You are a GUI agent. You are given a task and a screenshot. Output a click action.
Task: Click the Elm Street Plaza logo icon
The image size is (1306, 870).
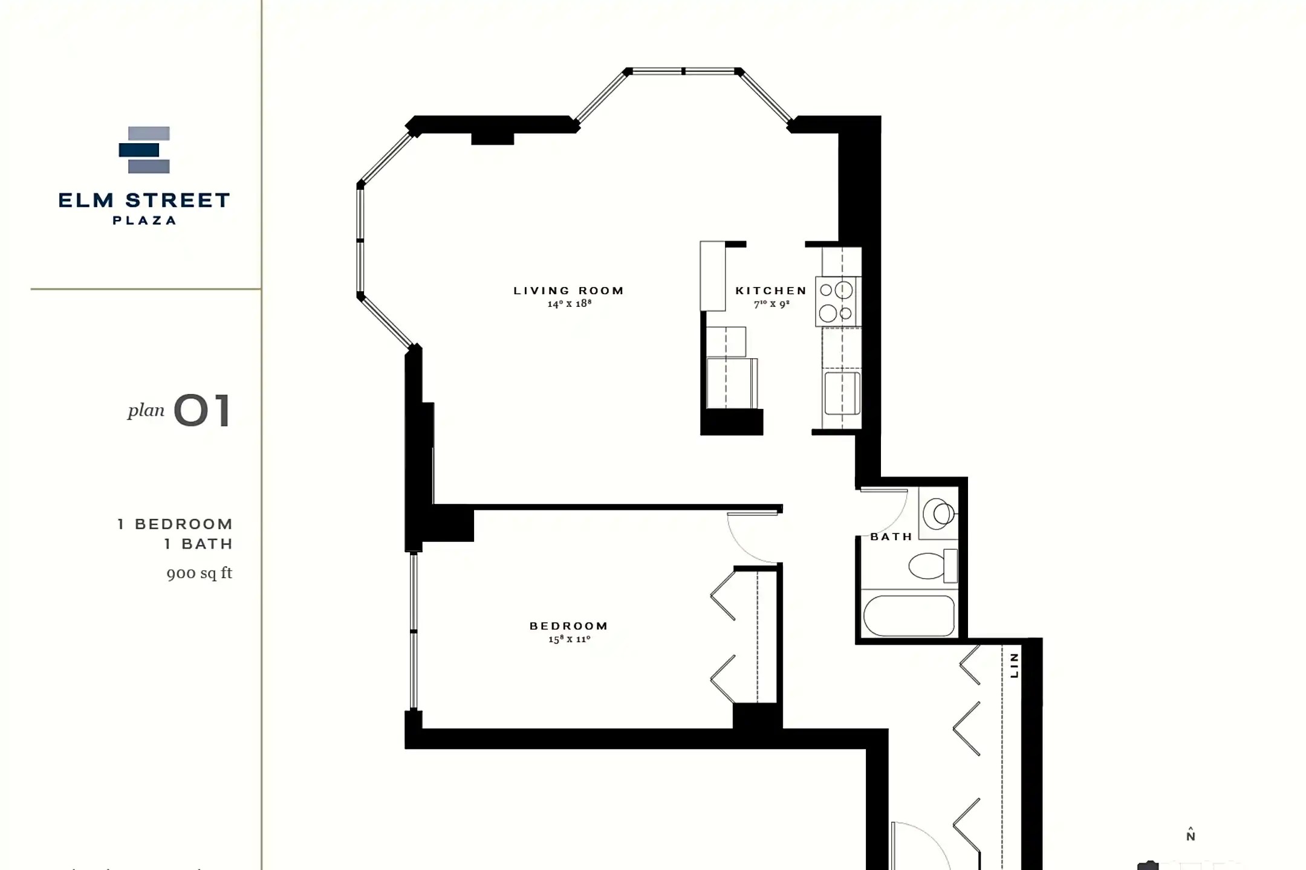[x=144, y=150]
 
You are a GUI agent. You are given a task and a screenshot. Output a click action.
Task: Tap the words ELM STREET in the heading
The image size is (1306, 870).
[x=145, y=201]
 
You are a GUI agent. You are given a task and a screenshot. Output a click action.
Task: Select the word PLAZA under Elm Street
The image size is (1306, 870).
[x=145, y=221]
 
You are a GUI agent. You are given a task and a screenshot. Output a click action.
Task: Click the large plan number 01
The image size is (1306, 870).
[x=203, y=411]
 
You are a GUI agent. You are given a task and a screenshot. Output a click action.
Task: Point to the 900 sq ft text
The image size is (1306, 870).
[x=200, y=573]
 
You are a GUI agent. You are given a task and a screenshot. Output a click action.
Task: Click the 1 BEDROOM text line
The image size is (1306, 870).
[x=175, y=524]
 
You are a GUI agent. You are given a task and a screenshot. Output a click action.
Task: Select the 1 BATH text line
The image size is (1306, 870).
[x=199, y=544]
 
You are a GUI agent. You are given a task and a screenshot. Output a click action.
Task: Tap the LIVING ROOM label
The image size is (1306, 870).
[x=569, y=291]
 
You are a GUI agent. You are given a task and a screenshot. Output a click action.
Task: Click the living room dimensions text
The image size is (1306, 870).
[x=570, y=303]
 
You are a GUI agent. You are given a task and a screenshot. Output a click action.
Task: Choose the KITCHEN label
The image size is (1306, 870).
[x=771, y=291]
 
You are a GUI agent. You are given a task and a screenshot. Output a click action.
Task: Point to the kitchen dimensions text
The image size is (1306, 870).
[x=772, y=304]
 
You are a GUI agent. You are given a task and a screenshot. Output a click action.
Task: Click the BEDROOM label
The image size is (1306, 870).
[x=569, y=626]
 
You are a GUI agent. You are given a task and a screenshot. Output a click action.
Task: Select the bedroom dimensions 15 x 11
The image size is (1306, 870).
[x=570, y=639]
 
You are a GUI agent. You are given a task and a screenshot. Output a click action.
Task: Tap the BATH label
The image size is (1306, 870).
[x=891, y=536]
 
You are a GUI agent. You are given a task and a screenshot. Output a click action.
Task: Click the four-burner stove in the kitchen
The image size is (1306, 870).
[x=838, y=301]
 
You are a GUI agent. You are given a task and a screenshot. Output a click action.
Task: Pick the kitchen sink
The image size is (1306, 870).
[x=842, y=393]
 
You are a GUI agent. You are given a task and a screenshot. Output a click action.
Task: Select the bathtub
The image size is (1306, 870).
[x=909, y=616]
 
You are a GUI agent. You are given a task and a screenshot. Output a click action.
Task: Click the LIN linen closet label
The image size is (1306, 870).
[x=1014, y=665]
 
